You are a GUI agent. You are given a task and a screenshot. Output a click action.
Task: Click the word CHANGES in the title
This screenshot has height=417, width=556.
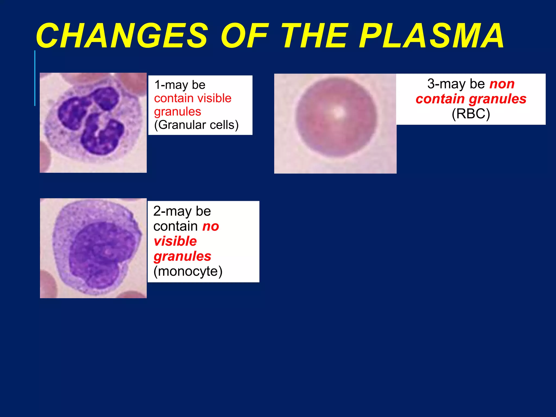click(x=122, y=36)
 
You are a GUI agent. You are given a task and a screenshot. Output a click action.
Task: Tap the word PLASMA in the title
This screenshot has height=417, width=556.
click(x=432, y=36)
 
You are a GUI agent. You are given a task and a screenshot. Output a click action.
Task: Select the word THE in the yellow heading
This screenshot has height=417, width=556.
click(x=315, y=36)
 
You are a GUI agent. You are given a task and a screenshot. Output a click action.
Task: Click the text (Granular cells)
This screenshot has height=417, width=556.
click(x=196, y=125)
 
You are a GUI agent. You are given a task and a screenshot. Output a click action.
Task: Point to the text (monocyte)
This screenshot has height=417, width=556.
click(x=188, y=271)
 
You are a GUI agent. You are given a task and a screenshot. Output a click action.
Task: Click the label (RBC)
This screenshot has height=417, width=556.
click(x=471, y=114)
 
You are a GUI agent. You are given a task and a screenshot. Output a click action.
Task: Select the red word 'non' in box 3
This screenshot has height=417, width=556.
click(x=502, y=84)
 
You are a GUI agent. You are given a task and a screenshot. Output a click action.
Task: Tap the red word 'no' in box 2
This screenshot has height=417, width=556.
click(x=211, y=226)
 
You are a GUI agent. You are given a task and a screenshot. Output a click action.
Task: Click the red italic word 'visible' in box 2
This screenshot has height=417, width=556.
click(x=175, y=241)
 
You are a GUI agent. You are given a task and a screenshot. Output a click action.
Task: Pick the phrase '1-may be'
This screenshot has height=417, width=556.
click(x=180, y=85)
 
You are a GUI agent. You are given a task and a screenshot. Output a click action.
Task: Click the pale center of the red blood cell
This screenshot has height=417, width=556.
click(x=337, y=112)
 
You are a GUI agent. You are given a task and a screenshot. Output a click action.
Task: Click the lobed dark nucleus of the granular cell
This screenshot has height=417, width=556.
click(x=90, y=119)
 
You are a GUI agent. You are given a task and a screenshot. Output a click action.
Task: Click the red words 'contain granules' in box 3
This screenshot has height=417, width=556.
click(x=471, y=99)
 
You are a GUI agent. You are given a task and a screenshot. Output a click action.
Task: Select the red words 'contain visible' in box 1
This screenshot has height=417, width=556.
click(x=192, y=98)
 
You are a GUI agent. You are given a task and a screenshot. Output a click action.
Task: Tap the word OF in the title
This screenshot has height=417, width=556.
click(x=244, y=36)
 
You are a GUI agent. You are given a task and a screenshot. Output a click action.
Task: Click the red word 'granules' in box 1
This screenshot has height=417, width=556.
click(x=178, y=112)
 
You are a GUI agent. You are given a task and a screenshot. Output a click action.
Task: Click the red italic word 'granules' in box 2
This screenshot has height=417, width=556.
click(x=182, y=256)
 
